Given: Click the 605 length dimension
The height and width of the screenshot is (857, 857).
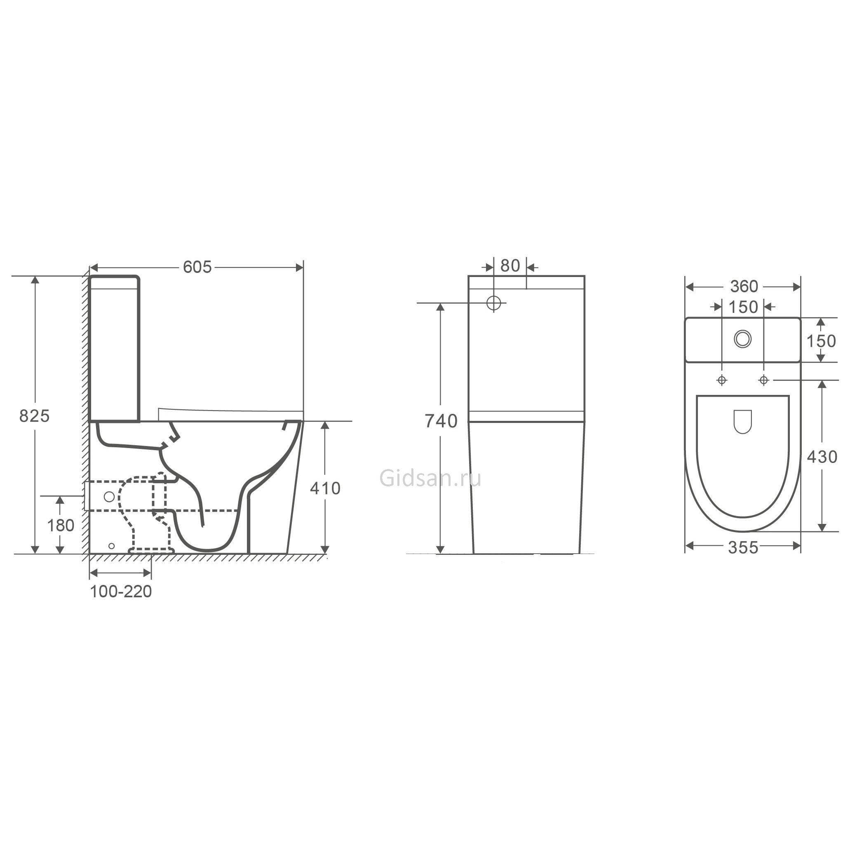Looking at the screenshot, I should [197, 268].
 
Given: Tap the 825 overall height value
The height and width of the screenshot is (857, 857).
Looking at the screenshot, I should [34, 416].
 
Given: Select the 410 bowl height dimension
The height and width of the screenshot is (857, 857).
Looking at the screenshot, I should [325, 488].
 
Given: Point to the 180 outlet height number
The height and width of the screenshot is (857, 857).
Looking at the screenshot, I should [61, 526].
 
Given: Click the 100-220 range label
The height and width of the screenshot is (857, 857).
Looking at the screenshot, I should [121, 592].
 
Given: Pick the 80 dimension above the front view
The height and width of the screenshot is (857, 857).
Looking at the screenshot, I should [510, 266].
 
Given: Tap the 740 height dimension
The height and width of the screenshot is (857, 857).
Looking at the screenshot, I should [441, 421].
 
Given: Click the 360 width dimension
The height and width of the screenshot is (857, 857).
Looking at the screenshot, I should [744, 287].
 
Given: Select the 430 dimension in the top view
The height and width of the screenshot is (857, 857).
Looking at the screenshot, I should [822, 457].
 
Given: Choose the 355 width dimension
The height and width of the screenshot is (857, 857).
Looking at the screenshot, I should [743, 548].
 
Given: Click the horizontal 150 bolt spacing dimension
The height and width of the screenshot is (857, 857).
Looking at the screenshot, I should [743, 307].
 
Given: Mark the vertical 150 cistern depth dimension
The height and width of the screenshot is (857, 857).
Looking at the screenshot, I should [821, 341].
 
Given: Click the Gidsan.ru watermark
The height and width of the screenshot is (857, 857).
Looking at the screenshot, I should [430, 479].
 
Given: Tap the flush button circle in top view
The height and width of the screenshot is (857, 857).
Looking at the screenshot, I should [742, 339].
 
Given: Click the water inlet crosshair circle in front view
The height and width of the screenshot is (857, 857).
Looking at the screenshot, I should [494, 303].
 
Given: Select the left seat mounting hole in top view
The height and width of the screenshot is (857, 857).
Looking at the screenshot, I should [722, 380].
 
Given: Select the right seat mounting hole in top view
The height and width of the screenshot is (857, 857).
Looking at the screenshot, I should [763, 380].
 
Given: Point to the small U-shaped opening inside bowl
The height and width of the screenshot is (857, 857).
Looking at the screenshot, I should [742, 421].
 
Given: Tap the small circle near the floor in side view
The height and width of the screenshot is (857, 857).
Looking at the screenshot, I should [111, 546].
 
